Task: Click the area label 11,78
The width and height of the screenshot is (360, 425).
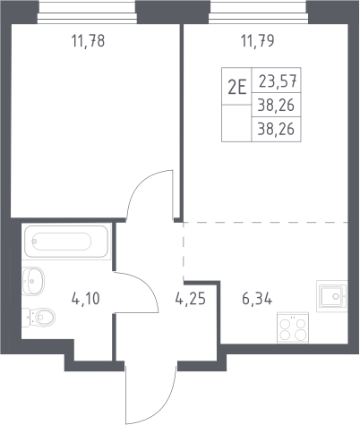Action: (x=88, y=41)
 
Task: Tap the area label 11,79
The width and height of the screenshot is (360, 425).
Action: (x=257, y=41)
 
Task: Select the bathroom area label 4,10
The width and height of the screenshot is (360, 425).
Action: (x=86, y=299)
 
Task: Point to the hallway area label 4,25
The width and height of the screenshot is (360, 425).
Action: (x=191, y=299)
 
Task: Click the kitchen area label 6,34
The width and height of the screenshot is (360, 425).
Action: (x=257, y=299)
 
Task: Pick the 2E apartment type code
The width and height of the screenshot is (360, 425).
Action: (x=237, y=88)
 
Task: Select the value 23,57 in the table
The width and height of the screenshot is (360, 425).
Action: (x=278, y=81)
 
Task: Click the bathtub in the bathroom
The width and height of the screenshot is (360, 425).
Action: (x=66, y=242)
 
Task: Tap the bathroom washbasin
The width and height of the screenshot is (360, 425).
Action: (x=33, y=281)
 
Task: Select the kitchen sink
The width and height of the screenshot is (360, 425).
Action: (x=332, y=296)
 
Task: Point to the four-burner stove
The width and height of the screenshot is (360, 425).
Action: (x=293, y=327)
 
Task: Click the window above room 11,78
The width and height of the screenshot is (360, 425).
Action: (x=87, y=13)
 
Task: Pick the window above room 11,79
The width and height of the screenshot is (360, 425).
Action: (x=258, y=13)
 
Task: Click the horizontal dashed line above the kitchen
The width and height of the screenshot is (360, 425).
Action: (x=266, y=222)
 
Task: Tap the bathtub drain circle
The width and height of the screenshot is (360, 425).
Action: (x=35, y=242)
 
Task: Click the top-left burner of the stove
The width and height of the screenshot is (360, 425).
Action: (x=286, y=324)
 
